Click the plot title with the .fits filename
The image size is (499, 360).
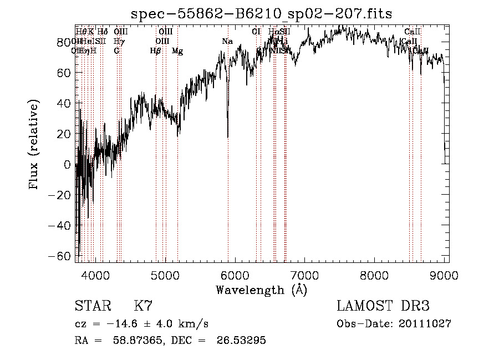(x=262, y=14)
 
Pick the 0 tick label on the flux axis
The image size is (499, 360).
(x=68, y=165)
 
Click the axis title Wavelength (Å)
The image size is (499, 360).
(x=261, y=290)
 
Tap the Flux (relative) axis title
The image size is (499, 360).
(x=34, y=145)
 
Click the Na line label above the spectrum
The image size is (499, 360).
(x=227, y=42)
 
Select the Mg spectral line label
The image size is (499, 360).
(x=177, y=51)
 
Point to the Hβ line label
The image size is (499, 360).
(x=156, y=51)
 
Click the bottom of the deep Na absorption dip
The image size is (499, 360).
(x=228, y=136)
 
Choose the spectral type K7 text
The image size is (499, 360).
(x=143, y=306)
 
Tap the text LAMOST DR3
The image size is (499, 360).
(x=383, y=306)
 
